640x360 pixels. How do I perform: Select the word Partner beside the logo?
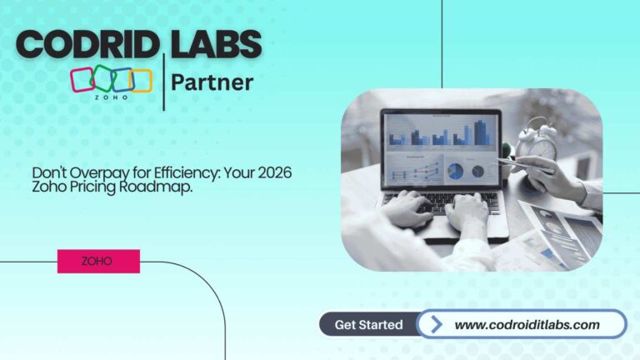point(212,83)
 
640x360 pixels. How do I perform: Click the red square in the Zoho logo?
point(83,80)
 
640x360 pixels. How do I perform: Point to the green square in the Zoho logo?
point(102,77)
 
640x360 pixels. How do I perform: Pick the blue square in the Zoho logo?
point(122,79)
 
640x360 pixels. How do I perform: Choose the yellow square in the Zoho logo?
point(140,80)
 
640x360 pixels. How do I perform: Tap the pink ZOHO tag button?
point(98,261)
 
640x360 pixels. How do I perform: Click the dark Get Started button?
point(368,324)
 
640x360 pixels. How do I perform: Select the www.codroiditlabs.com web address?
point(527,324)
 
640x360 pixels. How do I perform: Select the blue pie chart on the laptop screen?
point(456,171)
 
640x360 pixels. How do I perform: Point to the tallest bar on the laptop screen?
point(481,132)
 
